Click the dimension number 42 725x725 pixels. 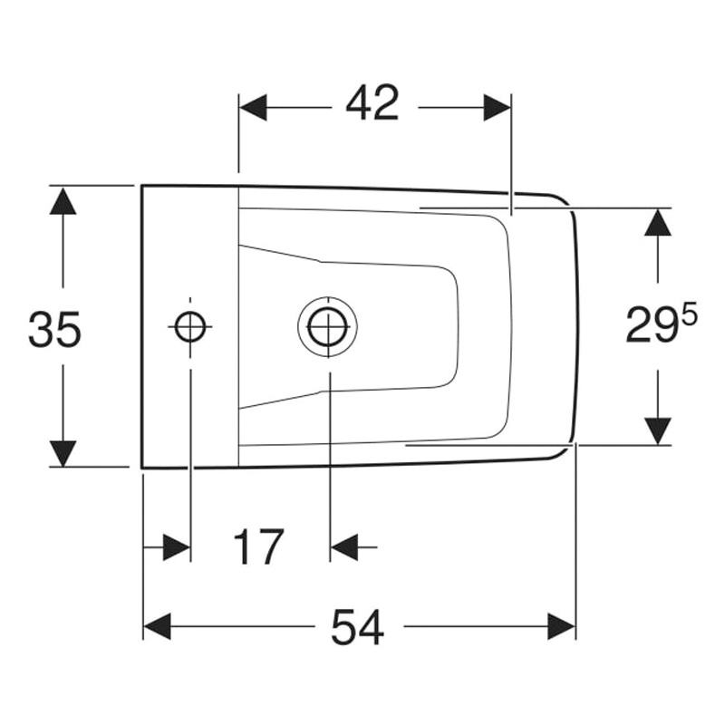[x=372, y=103]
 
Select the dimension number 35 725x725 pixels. [x=54, y=329]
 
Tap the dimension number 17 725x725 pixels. [x=258, y=547]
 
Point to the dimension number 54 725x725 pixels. [x=357, y=627]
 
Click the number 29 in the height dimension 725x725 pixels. [x=651, y=324]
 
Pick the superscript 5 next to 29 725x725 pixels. [x=689, y=315]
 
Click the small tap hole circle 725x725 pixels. [x=190, y=326]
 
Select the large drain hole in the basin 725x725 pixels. [x=328, y=326]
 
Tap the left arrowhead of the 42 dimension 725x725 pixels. [x=253, y=107]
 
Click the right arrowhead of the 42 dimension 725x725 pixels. [x=497, y=107]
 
